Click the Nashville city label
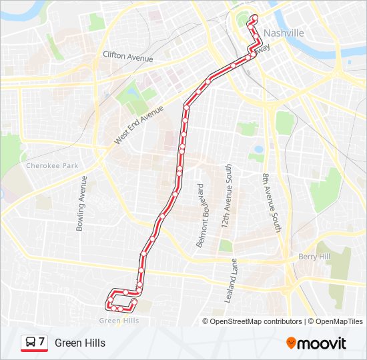(x=284, y=33)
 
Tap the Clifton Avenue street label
(x=128, y=57)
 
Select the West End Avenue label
(x=139, y=125)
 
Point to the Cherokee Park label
(x=52, y=165)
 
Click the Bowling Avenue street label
(x=82, y=203)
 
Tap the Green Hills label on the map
(x=119, y=320)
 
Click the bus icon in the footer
(x=29, y=342)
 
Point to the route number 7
(x=41, y=342)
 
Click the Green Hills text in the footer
(x=80, y=343)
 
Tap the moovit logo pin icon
(x=291, y=343)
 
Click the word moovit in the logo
(x=322, y=344)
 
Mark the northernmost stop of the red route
(x=254, y=17)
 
